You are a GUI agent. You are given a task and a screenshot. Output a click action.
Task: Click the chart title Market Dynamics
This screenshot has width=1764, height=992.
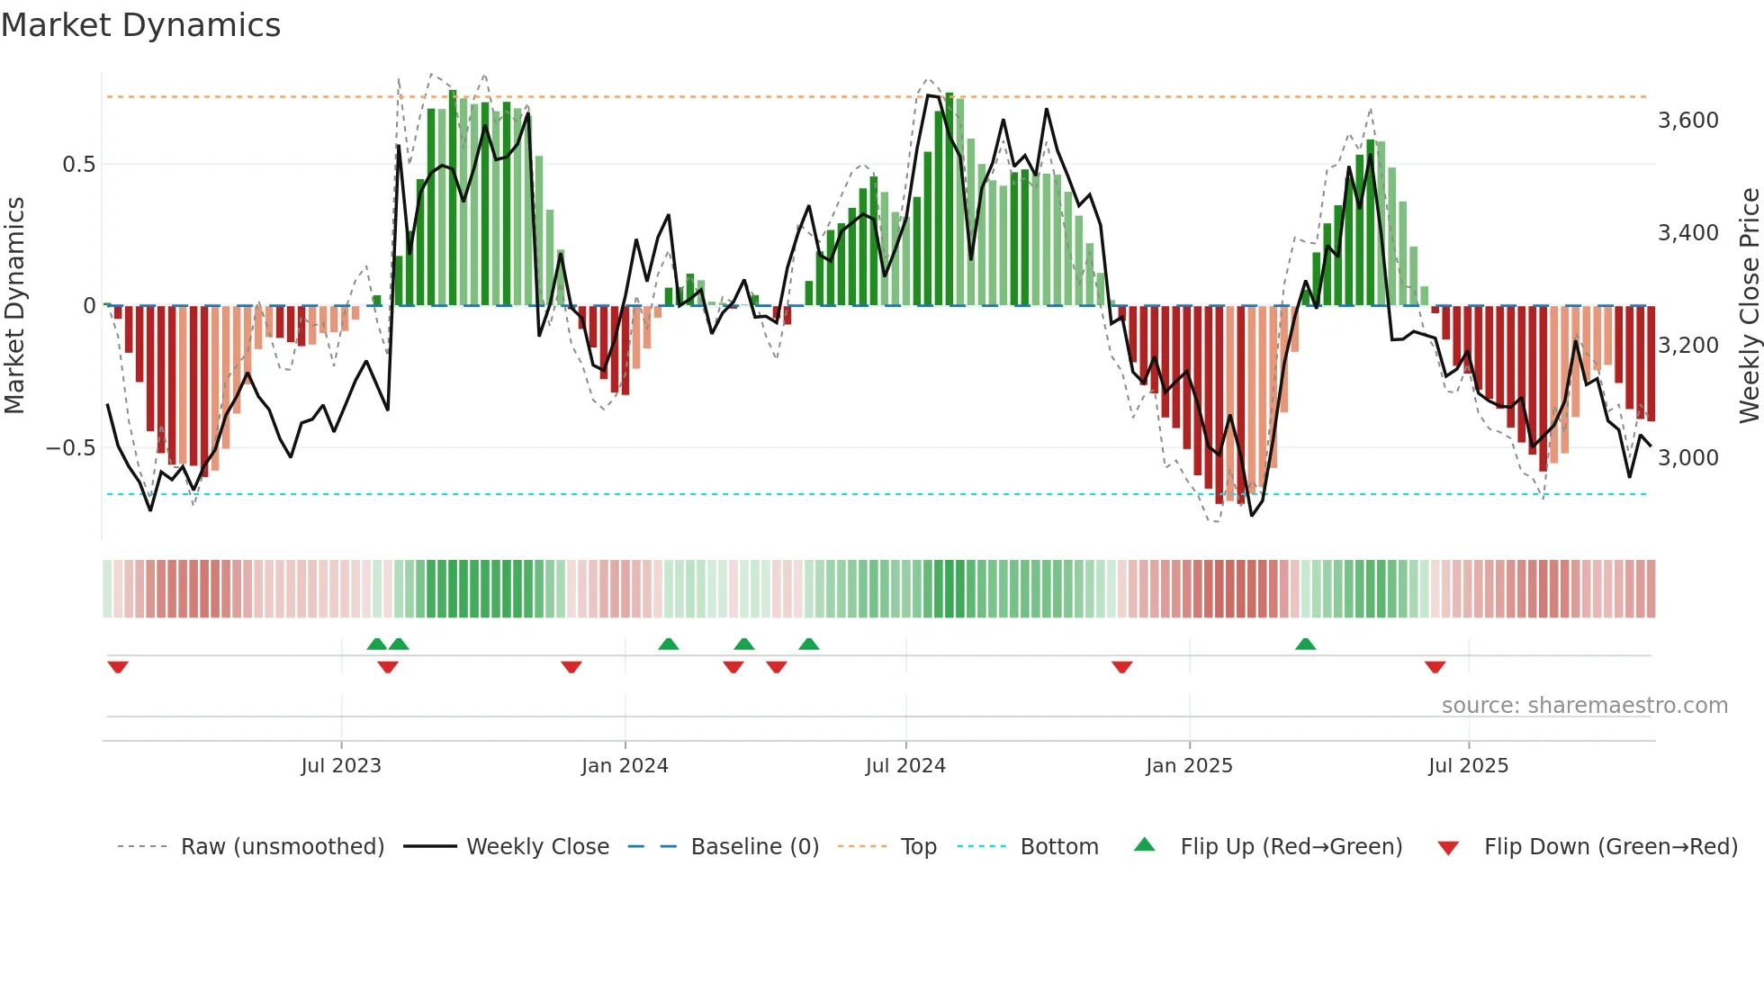pyautogui.click(x=140, y=25)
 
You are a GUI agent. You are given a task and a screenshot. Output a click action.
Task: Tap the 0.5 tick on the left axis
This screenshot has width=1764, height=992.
pyautogui.click(x=78, y=165)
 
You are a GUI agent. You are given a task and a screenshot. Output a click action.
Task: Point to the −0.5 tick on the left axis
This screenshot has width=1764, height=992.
pyautogui.click(x=70, y=448)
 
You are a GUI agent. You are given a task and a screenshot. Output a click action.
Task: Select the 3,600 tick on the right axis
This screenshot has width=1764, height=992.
pyautogui.click(x=1687, y=121)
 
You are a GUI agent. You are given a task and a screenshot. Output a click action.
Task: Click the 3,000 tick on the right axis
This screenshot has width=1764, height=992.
pyautogui.click(x=1687, y=458)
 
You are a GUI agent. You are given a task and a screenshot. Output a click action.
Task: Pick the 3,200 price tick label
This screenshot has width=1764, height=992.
pyautogui.click(x=1687, y=346)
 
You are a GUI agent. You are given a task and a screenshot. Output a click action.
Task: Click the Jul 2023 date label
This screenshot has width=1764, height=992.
pyautogui.click(x=341, y=766)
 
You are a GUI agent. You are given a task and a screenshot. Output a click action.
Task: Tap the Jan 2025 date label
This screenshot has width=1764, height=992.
pyautogui.click(x=1189, y=766)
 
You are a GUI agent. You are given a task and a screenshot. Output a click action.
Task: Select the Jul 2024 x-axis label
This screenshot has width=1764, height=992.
pyautogui.click(x=905, y=766)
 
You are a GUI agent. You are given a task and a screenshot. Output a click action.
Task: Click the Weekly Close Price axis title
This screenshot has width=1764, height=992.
pyautogui.click(x=1749, y=306)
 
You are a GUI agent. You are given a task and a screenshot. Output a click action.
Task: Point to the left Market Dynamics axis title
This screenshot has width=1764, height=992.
pyautogui.click(x=14, y=306)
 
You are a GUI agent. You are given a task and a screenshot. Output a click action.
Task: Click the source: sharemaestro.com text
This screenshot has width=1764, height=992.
pyautogui.click(x=1584, y=706)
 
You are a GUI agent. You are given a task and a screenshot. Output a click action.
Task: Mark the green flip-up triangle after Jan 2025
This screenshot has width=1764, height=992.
pyautogui.click(x=1305, y=644)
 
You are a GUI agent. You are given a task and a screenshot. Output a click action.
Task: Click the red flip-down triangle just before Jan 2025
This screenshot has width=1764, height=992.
pyautogui.click(x=1121, y=667)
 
